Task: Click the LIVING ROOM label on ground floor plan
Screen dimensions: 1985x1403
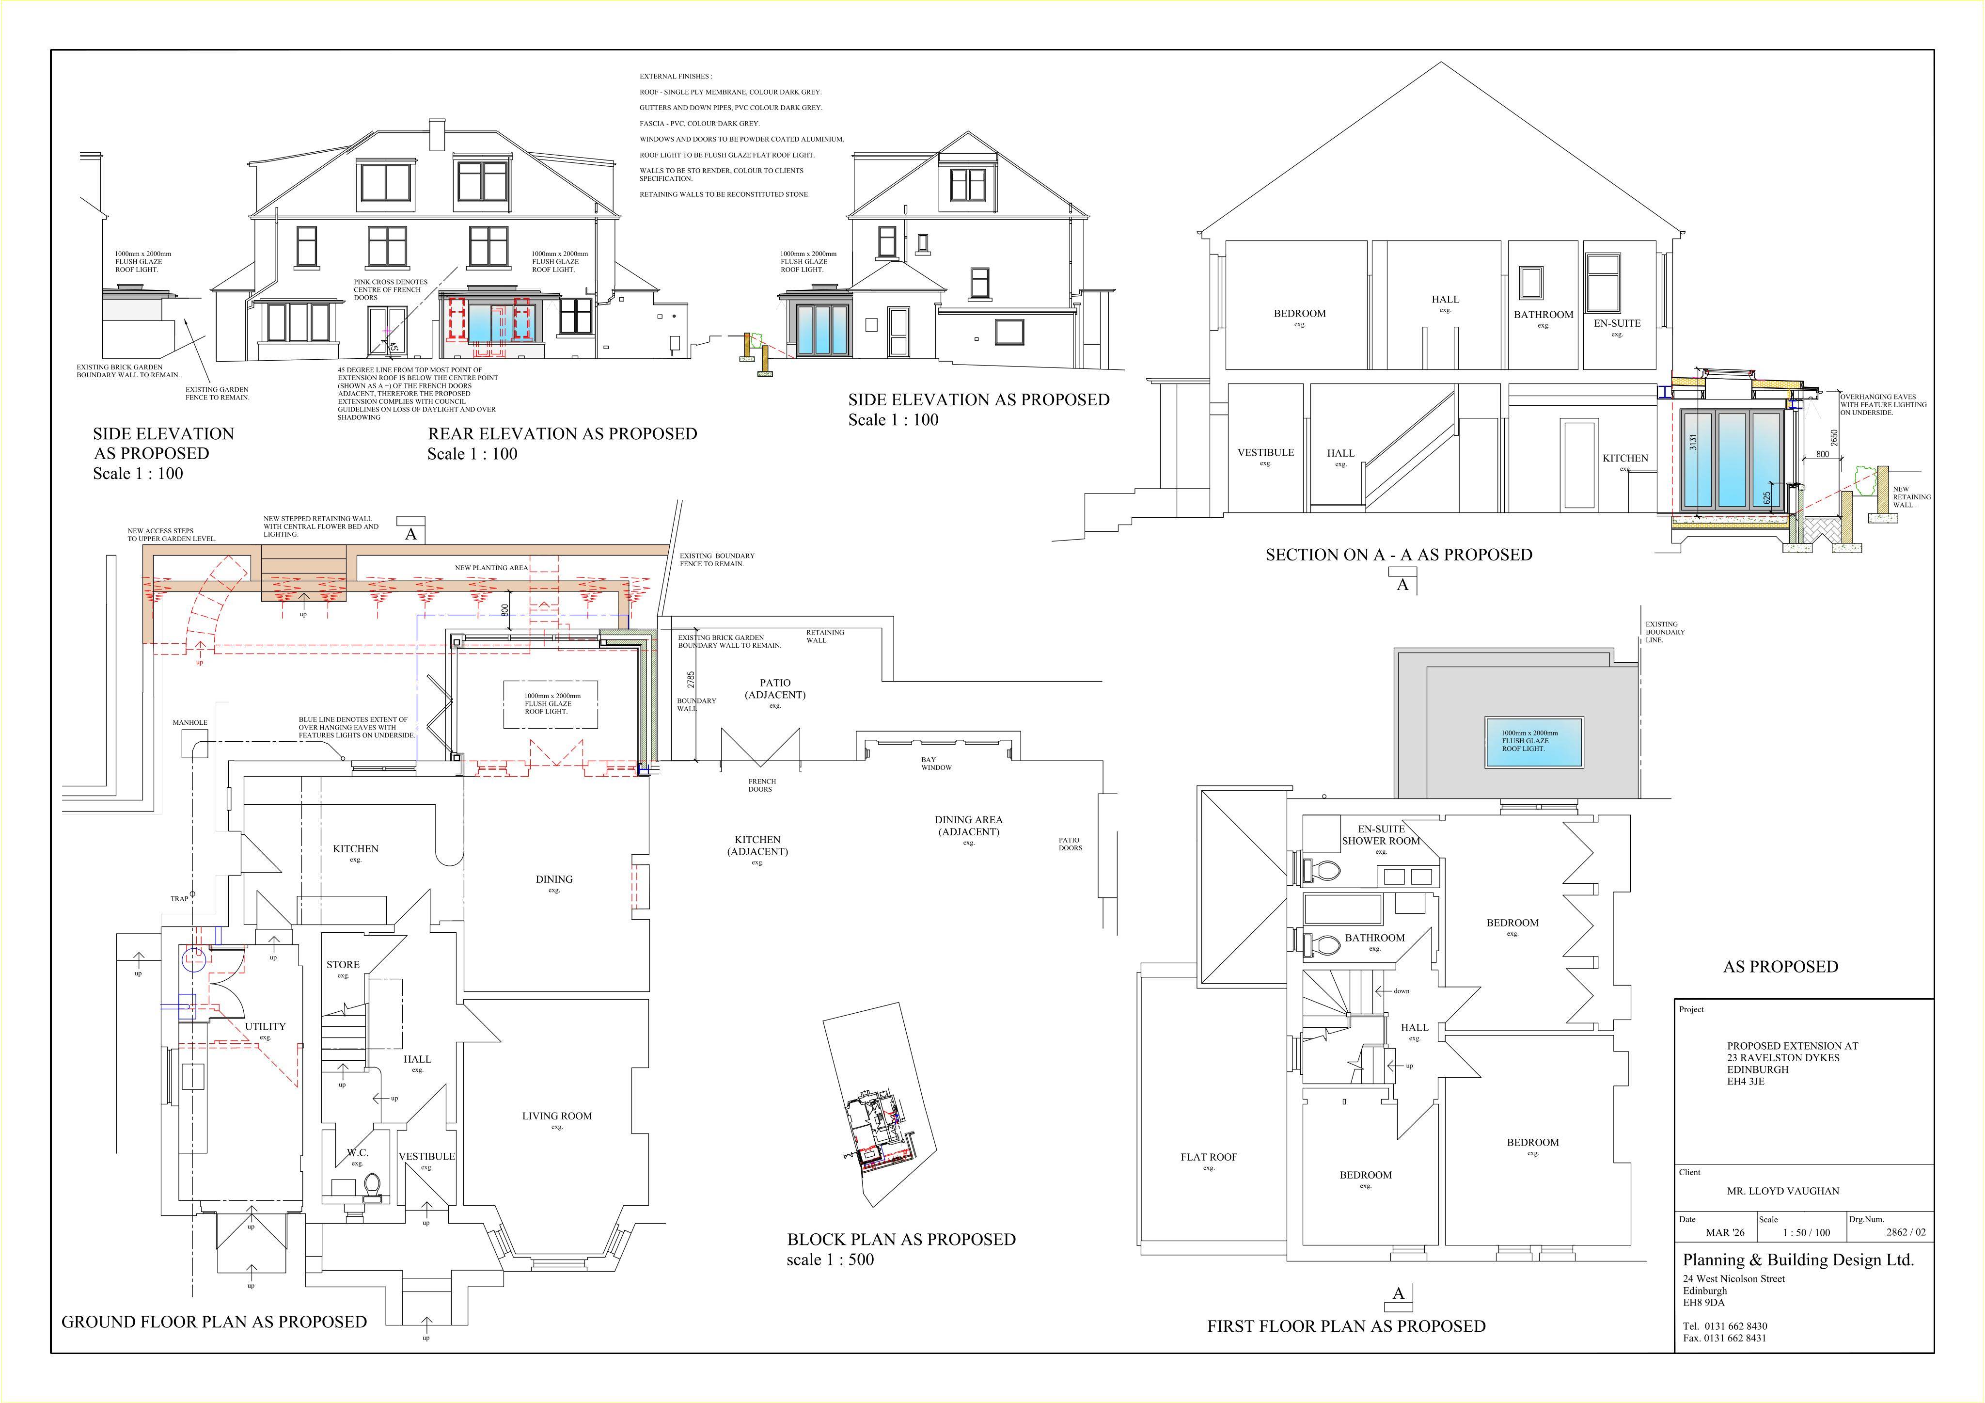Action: [x=557, y=1116]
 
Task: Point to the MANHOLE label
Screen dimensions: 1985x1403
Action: [x=190, y=722]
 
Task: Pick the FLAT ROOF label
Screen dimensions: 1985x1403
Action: [x=1209, y=1156]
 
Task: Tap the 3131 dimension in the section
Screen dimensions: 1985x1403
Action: [x=1694, y=441]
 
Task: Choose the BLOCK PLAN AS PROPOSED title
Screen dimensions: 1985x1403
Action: [x=901, y=1240]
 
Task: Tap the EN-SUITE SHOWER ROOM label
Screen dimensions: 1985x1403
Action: [x=1381, y=835]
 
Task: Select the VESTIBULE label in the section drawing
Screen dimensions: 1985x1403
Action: [x=1266, y=452]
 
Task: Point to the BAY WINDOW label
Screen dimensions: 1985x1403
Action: [x=936, y=764]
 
